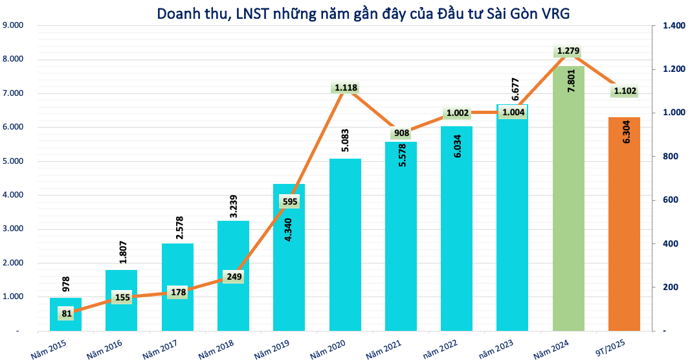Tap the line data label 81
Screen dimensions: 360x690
point(66,313)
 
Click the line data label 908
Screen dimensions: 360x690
point(401,133)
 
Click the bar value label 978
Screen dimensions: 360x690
point(66,284)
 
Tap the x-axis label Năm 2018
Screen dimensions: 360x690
point(217,347)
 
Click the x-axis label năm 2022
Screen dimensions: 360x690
point(441,347)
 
